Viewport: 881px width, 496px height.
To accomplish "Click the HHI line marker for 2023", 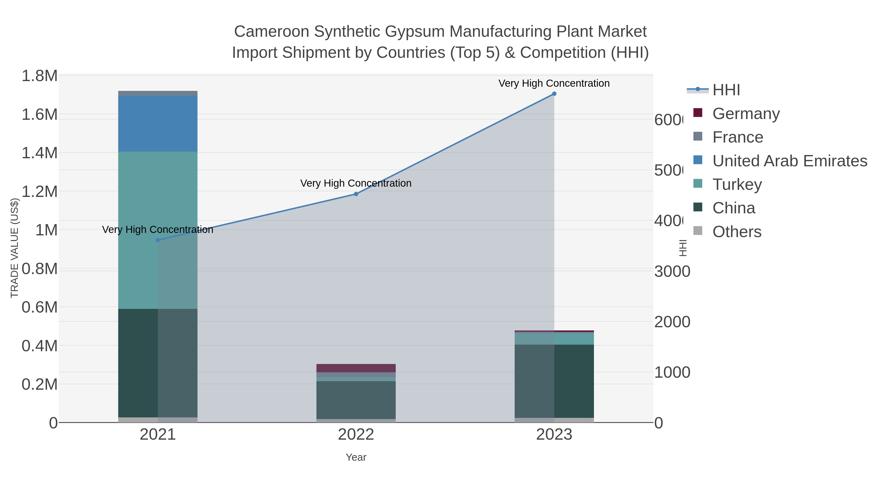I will [554, 94].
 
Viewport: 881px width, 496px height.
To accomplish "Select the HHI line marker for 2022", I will [356, 194].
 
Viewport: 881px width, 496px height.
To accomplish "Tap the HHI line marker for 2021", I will [158, 240].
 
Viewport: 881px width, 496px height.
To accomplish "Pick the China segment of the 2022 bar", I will [356, 400].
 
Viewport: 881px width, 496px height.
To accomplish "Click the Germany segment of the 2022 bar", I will [356, 368].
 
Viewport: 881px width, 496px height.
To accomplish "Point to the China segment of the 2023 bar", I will [554, 381].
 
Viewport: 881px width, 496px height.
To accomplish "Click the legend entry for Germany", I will [746, 113].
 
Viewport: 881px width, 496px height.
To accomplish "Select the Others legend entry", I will [737, 232].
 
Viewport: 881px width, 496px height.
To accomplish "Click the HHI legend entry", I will [726, 90].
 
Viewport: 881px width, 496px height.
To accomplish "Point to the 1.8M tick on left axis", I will [39, 76].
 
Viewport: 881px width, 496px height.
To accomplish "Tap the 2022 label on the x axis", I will [356, 434].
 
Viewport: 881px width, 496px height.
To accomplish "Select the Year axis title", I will [356, 457].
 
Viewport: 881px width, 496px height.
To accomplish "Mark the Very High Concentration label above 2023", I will [554, 83].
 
